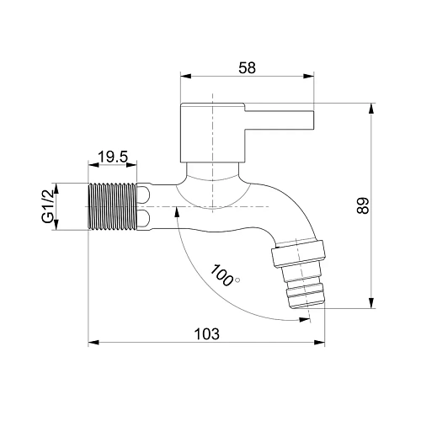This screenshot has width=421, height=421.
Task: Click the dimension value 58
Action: [x=247, y=68]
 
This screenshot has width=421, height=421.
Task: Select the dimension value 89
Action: [x=363, y=206]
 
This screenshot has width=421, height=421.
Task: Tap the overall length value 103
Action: [x=207, y=334]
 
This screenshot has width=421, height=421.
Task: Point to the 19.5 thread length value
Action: [x=113, y=157]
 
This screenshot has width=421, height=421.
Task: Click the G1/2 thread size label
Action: [x=48, y=206]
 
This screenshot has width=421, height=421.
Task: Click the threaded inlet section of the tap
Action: [x=113, y=206]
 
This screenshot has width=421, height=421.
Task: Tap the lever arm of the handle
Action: [x=279, y=120]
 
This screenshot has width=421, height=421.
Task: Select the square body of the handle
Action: [x=212, y=133]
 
